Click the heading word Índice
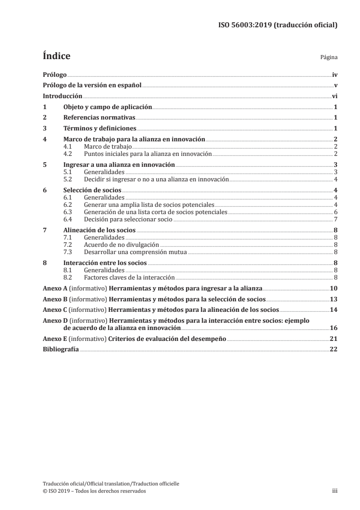click(56, 57)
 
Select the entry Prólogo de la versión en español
click(92, 85)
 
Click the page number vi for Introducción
click(334, 96)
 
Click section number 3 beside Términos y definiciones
click(44, 129)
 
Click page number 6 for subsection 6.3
click(335, 212)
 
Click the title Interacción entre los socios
click(105, 262)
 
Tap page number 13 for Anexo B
click(333, 299)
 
